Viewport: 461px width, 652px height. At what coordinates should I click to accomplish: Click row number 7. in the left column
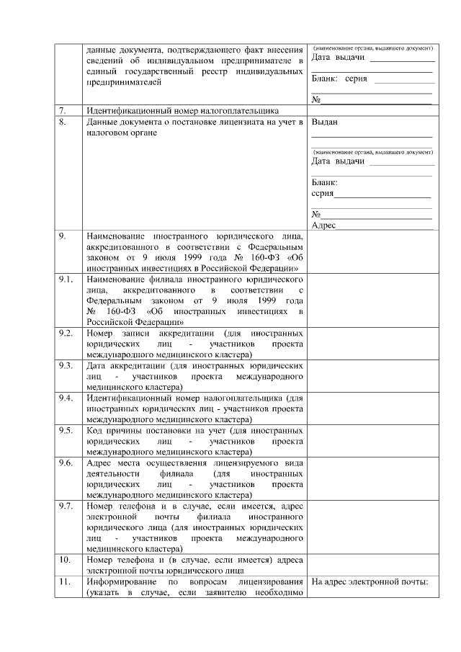coord(63,111)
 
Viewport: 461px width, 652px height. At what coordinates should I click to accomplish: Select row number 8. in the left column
coord(63,122)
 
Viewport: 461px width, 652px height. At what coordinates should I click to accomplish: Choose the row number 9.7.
coord(66,506)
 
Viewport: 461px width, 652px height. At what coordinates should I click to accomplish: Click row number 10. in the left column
coord(64,559)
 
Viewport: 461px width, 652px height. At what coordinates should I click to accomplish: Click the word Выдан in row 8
coord(324,122)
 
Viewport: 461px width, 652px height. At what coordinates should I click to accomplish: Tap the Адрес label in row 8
coord(323,225)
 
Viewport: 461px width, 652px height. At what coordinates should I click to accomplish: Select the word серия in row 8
coord(322,194)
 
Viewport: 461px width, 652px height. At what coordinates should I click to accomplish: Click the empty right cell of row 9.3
coord(372,375)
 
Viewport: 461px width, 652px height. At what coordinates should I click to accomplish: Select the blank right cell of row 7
coord(372,111)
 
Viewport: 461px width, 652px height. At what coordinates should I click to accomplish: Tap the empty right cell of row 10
coord(372,564)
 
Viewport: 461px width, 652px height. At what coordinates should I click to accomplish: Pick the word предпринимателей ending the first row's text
coord(120,82)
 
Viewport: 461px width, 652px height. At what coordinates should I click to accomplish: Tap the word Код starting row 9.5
coord(94,430)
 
